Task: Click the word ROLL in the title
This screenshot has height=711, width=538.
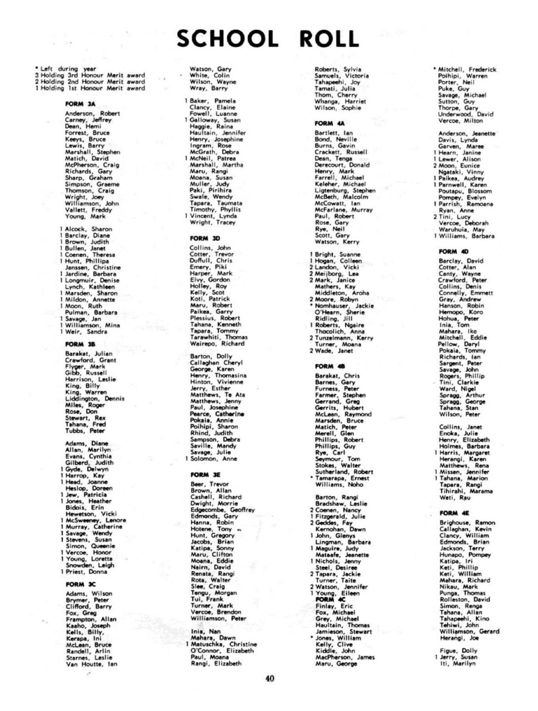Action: click(x=329, y=39)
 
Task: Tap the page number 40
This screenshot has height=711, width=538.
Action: click(x=270, y=679)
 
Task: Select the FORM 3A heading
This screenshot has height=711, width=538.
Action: click(x=80, y=104)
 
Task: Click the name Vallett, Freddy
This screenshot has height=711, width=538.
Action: click(x=88, y=210)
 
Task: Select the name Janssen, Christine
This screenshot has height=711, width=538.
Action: click(x=93, y=267)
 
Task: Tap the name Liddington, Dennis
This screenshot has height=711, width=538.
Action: click(x=95, y=399)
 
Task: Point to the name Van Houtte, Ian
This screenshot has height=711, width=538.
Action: click(x=92, y=664)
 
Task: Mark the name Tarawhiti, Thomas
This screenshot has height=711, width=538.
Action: click(x=219, y=337)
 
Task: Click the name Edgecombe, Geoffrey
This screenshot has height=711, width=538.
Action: click(x=222, y=510)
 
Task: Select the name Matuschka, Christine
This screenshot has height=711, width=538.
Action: click(x=223, y=644)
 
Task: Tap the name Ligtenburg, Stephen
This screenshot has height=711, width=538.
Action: click(x=345, y=190)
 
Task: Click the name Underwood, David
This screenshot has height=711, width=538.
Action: click(x=466, y=114)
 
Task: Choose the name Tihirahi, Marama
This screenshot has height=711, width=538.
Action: click(x=466, y=491)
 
